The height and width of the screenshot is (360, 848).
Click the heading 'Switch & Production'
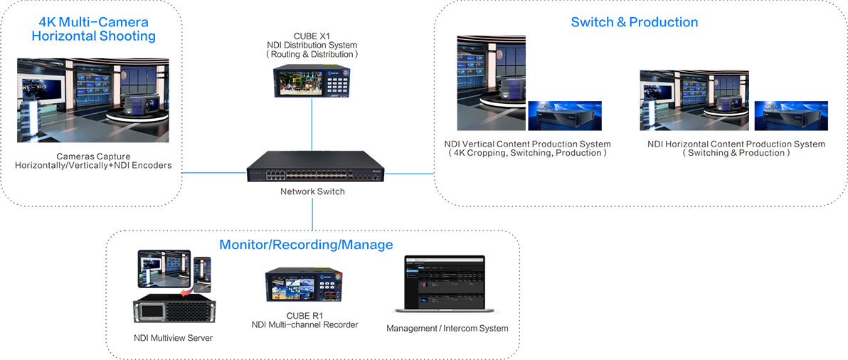[x=635, y=22]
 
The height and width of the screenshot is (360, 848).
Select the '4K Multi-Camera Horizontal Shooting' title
[x=94, y=29]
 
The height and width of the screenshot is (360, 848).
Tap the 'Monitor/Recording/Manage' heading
[x=306, y=245]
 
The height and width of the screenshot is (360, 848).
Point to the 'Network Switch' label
[x=312, y=191]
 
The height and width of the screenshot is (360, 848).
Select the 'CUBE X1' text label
[x=312, y=37]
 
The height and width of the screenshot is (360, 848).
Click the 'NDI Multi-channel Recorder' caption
[x=305, y=324]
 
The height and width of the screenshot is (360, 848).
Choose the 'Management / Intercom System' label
[x=447, y=328]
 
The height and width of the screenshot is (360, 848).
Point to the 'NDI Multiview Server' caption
[x=173, y=339]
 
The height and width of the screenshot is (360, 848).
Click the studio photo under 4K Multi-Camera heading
[x=93, y=100]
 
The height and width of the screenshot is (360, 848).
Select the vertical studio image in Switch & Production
[x=491, y=83]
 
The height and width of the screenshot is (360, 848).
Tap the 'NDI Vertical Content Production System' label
[x=527, y=144]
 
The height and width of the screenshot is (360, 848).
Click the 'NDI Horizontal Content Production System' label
[x=736, y=144]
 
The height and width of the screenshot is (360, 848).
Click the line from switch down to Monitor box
[x=312, y=214]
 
